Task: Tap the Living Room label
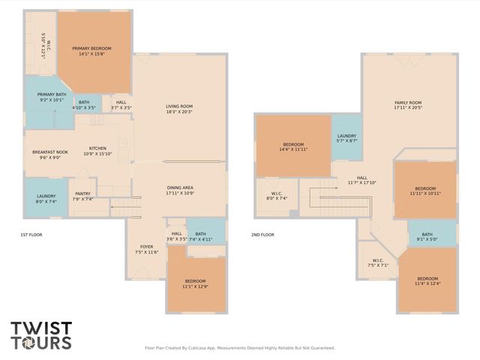click(179, 109)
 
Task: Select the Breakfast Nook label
click(50, 154)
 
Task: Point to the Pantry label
click(82, 196)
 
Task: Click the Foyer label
click(147, 249)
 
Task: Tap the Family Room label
click(408, 105)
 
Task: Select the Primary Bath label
click(51, 97)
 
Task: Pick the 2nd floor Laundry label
click(346, 138)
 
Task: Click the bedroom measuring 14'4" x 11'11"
click(293, 146)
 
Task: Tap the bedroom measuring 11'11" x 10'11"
click(425, 190)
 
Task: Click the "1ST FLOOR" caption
click(32, 235)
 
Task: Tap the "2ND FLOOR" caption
click(262, 235)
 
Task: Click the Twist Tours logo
click(41, 335)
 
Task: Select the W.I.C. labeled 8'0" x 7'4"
click(277, 196)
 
